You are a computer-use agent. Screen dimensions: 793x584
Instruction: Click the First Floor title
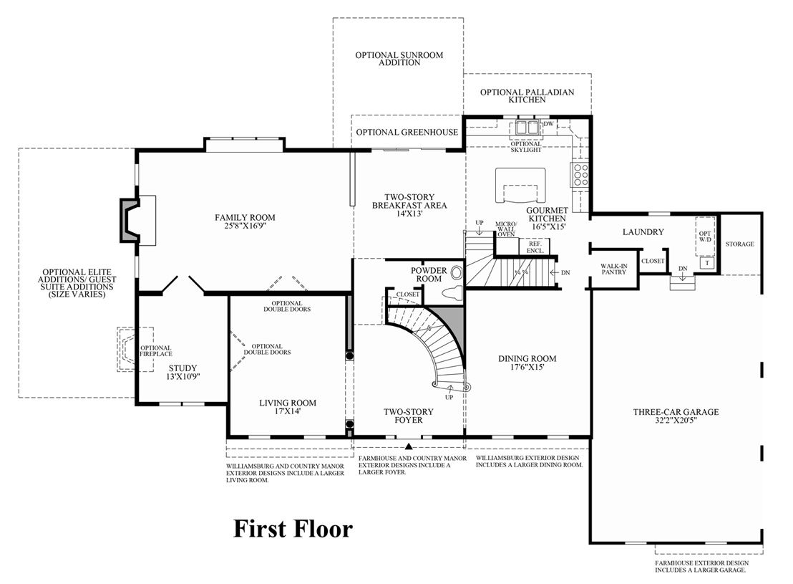pyautogui.click(x=293, y=529)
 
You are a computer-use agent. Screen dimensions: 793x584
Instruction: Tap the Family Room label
pyautogui.click(x=245, y=221)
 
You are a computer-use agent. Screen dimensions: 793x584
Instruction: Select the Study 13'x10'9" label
pyautogui.click(x=183, y=372)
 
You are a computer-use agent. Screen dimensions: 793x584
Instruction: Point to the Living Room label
pyautogui.click(x=288, y=407)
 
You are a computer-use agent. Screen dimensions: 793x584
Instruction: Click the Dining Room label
pyautogui.click(x=527, y=362)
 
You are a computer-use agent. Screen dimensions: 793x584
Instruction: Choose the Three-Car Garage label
pyautogui.click(x=676, y=416)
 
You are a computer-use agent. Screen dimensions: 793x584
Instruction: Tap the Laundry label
pyautogui.click(x=643, y=232)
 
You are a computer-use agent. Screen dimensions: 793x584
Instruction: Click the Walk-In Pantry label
pyautogui.click(x=614, y=269)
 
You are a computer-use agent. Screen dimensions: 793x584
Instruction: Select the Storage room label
pyautogui.click(x=739, y=244)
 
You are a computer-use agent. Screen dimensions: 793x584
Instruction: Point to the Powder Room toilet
pyautogui.click(x=451, y=292)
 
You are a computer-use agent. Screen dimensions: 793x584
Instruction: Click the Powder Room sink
pyautogui.click(x=457, y=273)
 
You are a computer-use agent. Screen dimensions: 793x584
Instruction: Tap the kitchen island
pyautogui.click(x=520, y=186)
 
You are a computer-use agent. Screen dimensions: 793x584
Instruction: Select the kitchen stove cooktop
pyautogui.click(x=580, y=174)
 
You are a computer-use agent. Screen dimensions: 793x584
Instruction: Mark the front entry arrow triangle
pyautogui.click(x=409, y=446)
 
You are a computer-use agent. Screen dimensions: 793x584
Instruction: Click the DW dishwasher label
pyautogui.click(x=548, y=123)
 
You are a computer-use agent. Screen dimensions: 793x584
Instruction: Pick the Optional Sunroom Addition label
pyautogui.click(x=399, y=59)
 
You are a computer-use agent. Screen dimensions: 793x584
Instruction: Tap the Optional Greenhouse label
pyautogui.click(x=407, y=132)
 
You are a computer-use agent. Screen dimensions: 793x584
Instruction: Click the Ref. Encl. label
pyautogui.click(x=535, y=247)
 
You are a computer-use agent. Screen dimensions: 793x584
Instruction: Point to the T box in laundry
pyautogui.click(x=707, y=263)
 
